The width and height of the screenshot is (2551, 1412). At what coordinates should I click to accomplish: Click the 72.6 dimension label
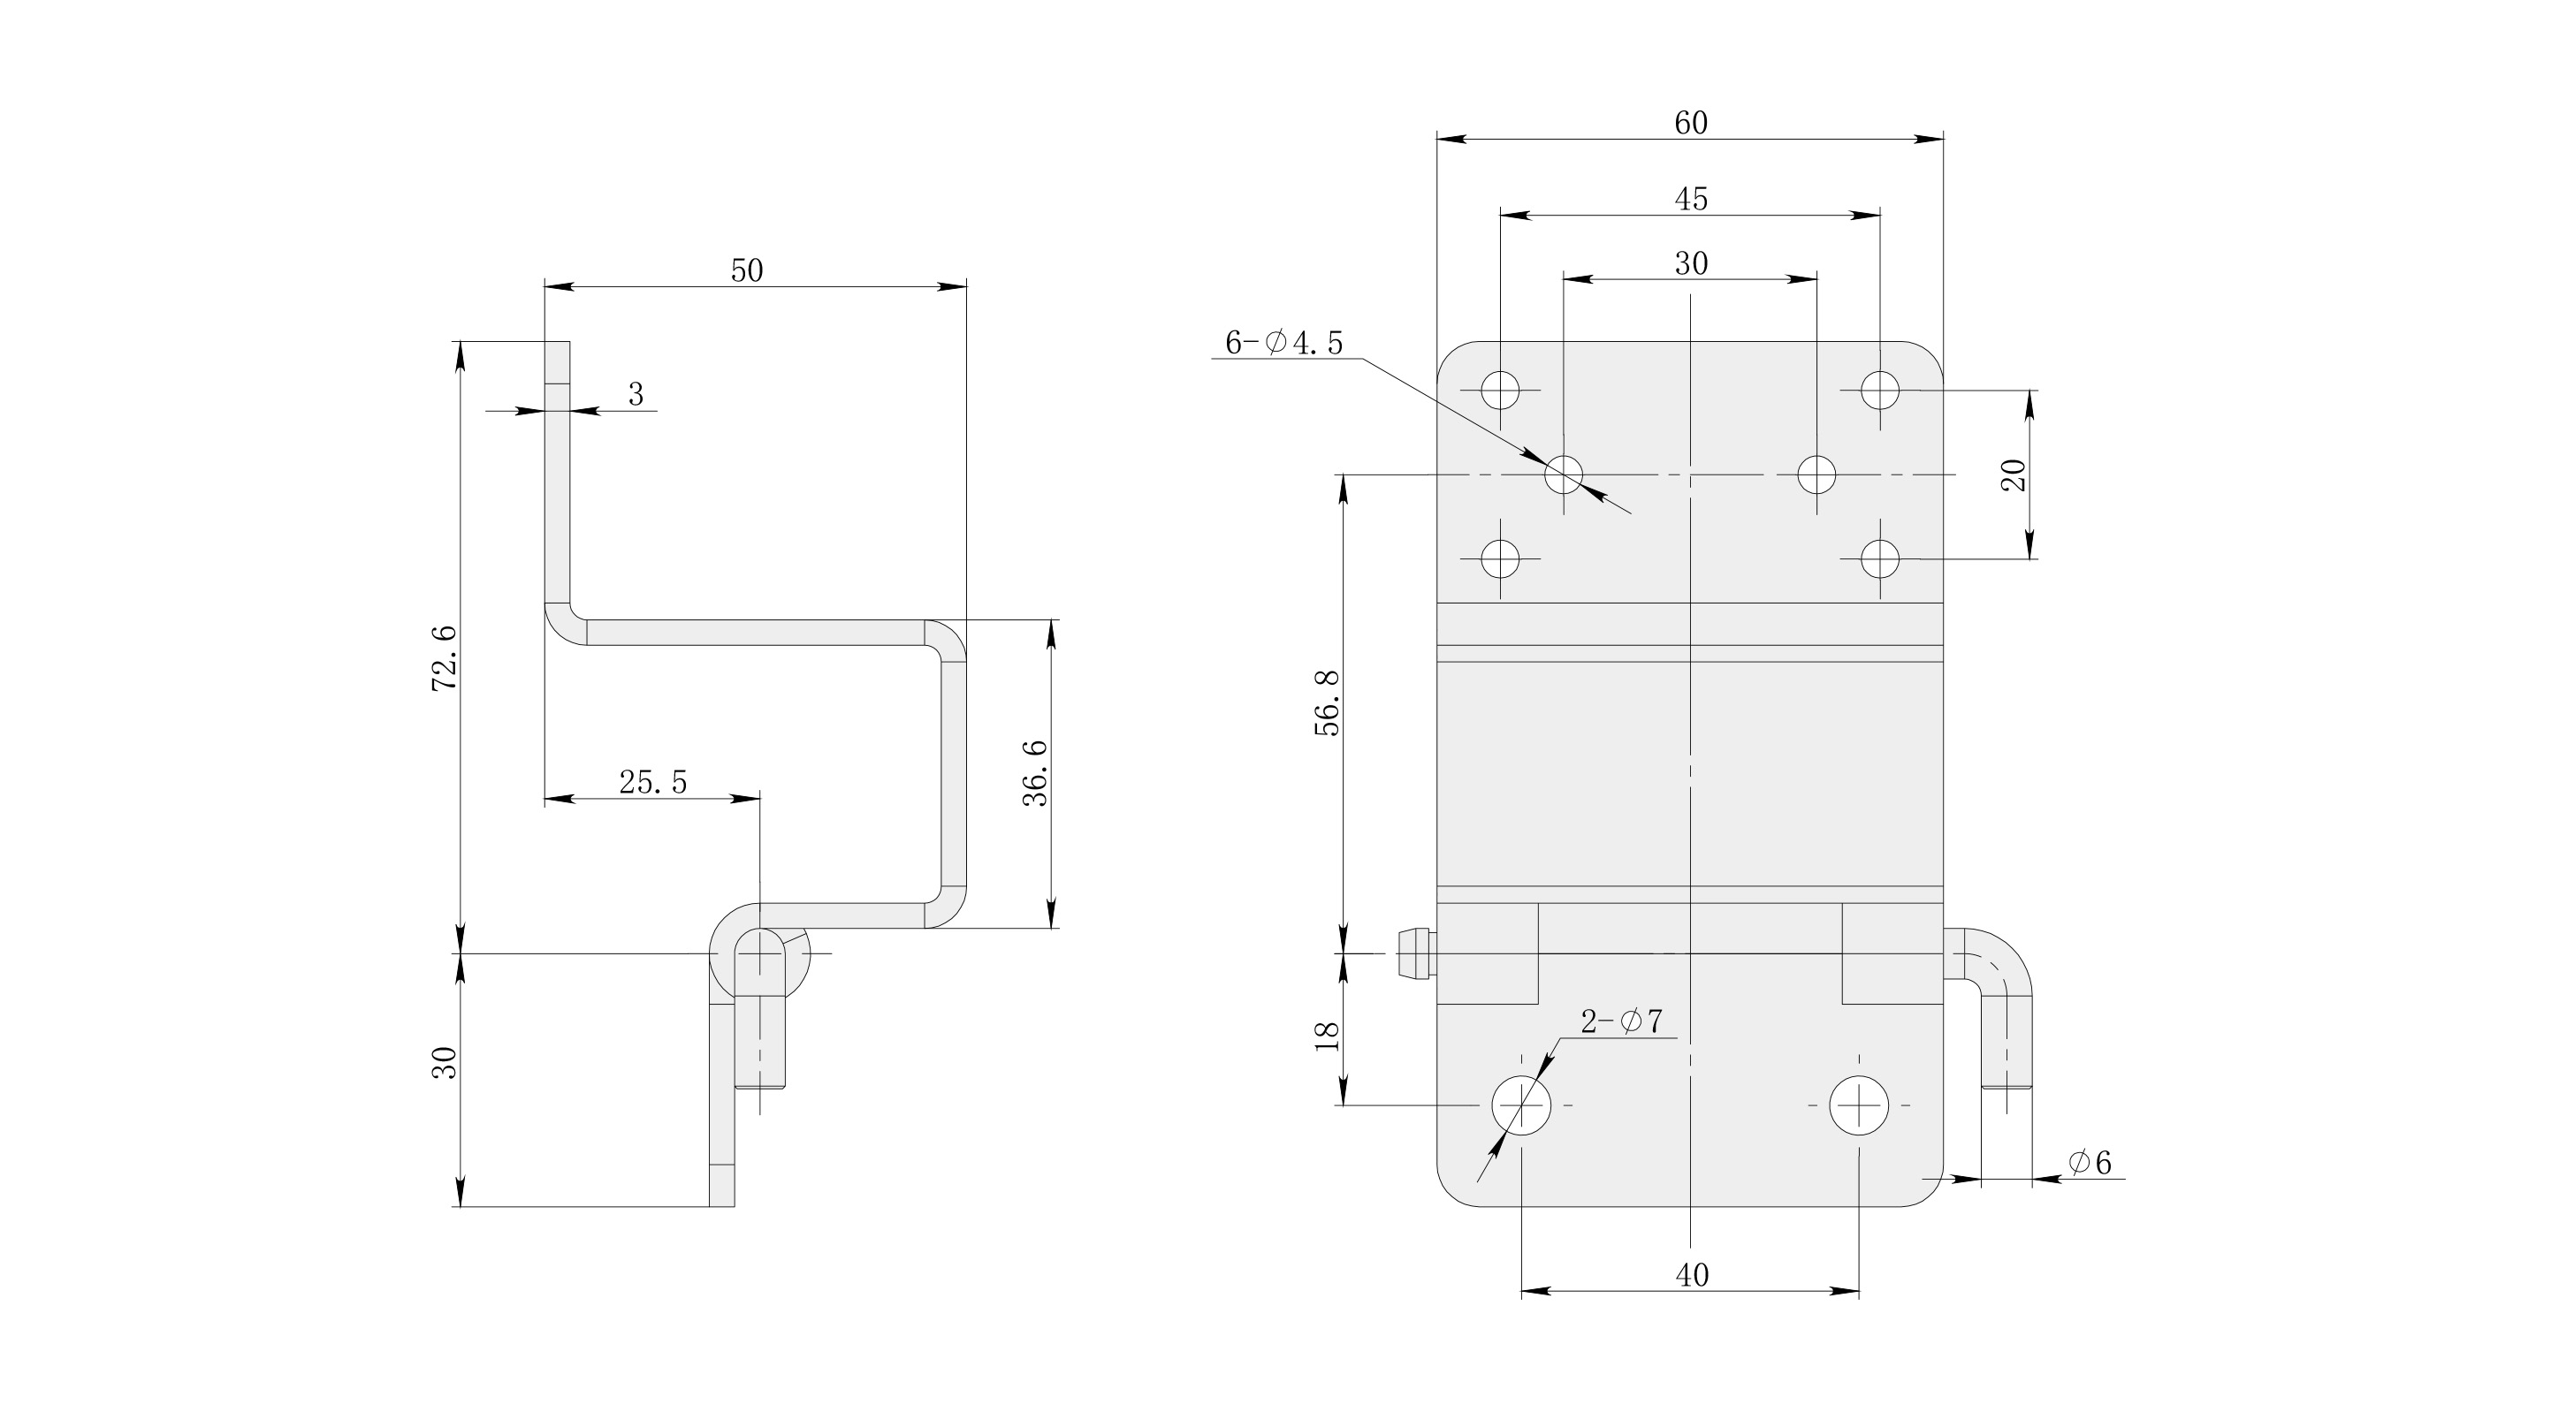(x=445, y=657)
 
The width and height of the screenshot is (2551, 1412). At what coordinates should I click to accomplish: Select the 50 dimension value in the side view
(x=747, y=270)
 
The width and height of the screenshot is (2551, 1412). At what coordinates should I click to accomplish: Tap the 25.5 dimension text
(x=652, y=782)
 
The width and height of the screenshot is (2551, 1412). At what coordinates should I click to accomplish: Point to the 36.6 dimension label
(x=1035, y=772)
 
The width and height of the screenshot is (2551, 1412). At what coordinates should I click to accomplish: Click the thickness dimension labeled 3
(x=636, y=394)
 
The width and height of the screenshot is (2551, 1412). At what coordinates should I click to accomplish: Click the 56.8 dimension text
(x=1326, y=703)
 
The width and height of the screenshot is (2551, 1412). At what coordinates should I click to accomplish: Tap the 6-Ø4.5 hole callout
(x=1283, y=343)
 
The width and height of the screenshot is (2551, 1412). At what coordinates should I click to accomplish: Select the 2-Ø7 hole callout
(x=1621, y=1021)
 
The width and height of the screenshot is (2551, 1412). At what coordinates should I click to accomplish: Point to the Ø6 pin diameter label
(x=2090, y=1163)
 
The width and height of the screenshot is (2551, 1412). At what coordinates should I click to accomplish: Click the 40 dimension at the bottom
(x=1692, y=1274)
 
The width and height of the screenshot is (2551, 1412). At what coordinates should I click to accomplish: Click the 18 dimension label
(x=1326, y=1036)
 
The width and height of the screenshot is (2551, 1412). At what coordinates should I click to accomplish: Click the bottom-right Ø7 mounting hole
(x=1859, y=1105)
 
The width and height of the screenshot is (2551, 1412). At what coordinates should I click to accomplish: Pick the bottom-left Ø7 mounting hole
(x=1521, y=1105)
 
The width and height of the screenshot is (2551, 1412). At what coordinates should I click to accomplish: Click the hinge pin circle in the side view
(x=760, y=953)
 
